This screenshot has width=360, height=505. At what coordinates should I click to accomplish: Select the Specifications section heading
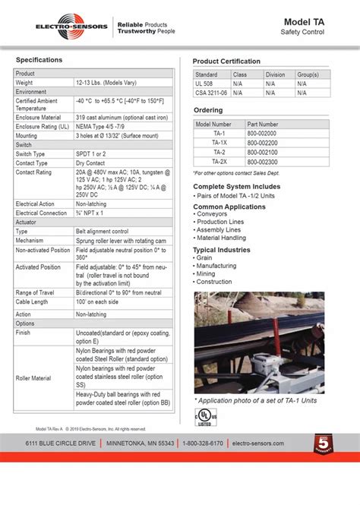pos(39,59)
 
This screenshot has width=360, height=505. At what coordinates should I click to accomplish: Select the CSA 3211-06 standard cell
pos(210,92)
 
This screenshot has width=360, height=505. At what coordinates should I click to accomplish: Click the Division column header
pos(276,74)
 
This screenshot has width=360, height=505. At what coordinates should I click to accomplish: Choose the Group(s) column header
pos(308,74)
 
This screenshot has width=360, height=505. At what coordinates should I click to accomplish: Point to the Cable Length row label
pos(32,302)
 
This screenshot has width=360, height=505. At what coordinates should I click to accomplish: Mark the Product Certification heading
pos(226,62)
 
